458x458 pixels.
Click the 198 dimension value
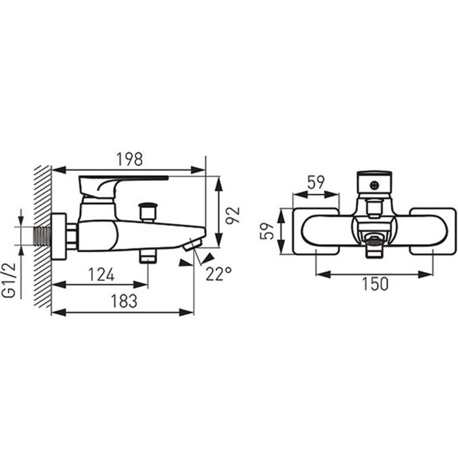pyautogui.click(x=130, y=160)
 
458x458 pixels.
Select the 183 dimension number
pyautogui.click(x=124, y=301)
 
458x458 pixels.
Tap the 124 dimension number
pyautogui.click(x=101, y=275)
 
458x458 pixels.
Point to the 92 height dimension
pyautogui.click(x=232, y=215)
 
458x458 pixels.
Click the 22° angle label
pyautogui.click(x=219, y=273)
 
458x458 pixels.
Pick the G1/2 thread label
pyautogui.click(x=10, y=279)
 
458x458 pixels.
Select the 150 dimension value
pyautogui.click(x=376, y=283)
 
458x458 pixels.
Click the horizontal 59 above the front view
pyautogui.click(x=316, y=183)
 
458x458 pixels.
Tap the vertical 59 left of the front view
pyautogui.click(x=267, y=231)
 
